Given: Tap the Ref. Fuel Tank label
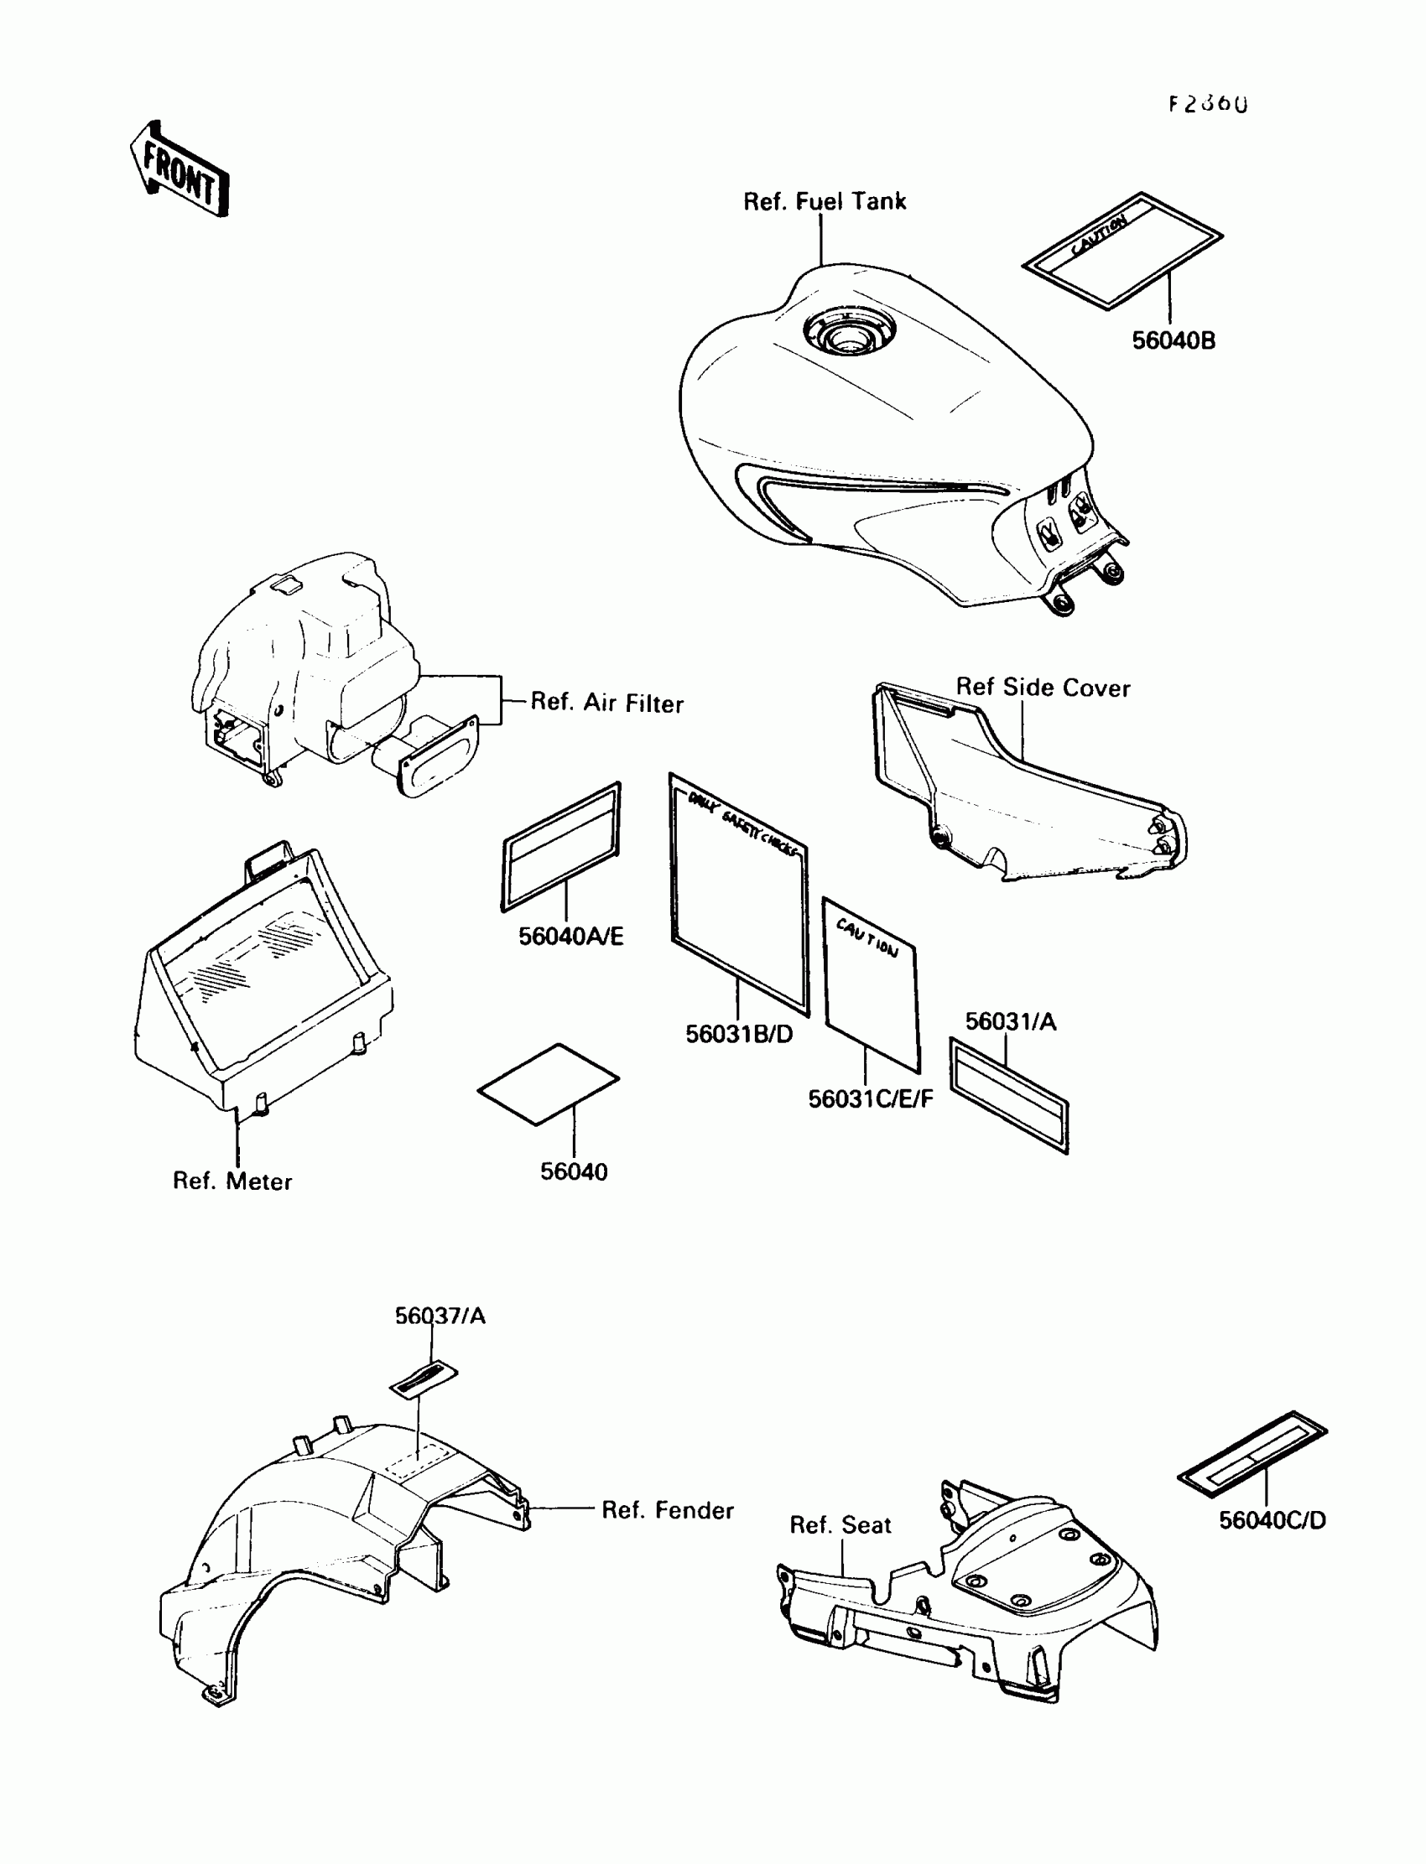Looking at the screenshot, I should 825,202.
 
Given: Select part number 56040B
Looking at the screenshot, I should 1173,341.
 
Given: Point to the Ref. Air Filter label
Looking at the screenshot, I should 607,703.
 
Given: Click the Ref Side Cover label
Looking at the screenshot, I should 1043,688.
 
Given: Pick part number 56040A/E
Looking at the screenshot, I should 571,937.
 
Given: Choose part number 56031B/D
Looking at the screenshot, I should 739,1034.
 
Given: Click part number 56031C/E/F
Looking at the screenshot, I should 870,1099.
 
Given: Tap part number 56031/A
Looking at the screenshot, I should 1011,1022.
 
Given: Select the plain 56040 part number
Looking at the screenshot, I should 574,1171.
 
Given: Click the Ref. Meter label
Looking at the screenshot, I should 232,1181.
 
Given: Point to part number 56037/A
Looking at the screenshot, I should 440,1316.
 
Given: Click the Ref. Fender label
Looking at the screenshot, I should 667,1510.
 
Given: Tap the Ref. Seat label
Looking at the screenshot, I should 841,1525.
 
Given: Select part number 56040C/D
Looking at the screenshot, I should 1272,1520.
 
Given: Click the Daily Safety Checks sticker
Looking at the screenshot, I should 738,895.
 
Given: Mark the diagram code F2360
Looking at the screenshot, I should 1208,104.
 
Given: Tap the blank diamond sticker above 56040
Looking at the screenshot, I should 549,1084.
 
